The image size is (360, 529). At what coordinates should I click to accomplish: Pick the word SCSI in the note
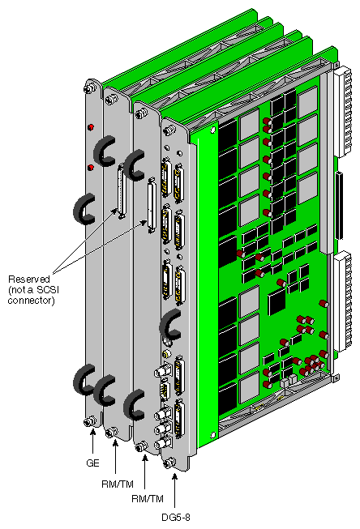66,289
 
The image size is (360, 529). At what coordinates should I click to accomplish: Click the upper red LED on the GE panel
96,128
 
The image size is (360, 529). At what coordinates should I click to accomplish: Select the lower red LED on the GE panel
91,168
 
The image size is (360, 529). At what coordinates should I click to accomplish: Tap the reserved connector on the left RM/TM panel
122,191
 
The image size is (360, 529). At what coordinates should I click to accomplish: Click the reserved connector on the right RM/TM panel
150,207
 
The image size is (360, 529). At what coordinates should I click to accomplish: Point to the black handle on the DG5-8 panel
170,326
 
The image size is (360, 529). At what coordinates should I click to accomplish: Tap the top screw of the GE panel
90,86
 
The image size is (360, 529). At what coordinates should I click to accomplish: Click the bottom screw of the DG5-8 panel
169,463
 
